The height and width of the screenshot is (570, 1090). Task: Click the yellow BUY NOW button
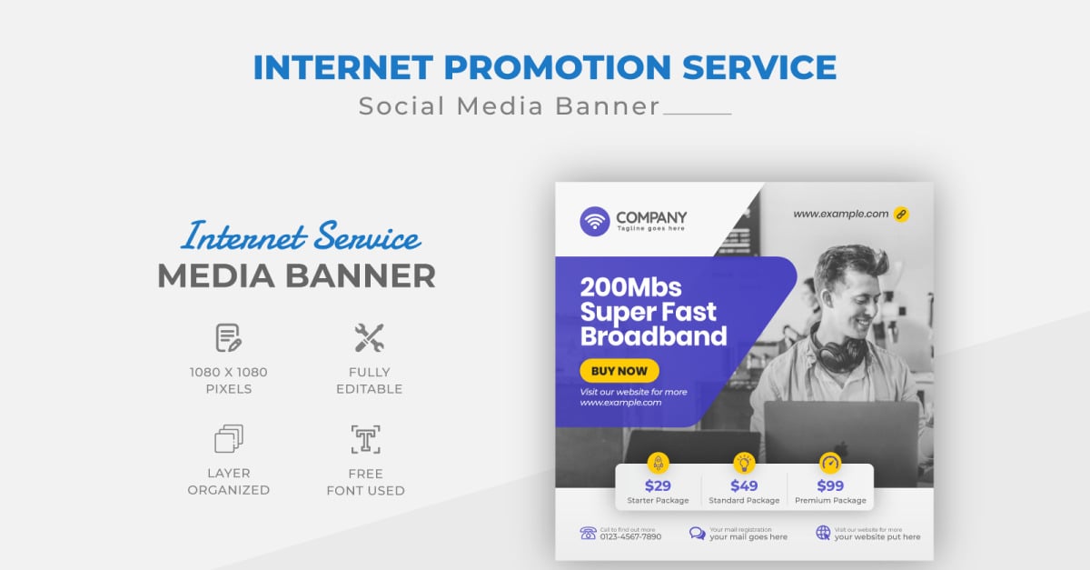coord(619,371)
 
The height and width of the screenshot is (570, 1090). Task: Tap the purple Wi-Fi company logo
coord(595,221)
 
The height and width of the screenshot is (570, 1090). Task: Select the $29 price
coord(658,485)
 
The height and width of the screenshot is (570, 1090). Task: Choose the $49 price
coord(744,485)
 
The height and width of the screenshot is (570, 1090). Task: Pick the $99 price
coord(830,485)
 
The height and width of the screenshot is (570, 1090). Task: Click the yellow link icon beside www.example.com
coord(901,215)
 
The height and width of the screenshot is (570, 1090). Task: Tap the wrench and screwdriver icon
coord(369,338)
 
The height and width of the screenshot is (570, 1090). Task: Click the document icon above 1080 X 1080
coord(228,338)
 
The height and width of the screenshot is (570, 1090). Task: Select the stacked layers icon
coord(228,439)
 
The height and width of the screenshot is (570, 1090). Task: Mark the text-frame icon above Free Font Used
coord(366,439)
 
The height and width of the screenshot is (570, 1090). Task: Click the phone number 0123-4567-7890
coord(630,536)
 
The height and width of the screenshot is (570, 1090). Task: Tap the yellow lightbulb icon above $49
coord(744,462)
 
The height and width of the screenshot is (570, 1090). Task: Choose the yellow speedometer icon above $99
coord(830,462)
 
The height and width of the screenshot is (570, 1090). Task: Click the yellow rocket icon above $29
coord(658,462)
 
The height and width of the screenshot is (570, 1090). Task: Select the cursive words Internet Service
coord(301,237)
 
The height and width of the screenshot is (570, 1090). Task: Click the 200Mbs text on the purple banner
coord(618,287)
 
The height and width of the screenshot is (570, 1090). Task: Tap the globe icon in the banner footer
coord(823,533)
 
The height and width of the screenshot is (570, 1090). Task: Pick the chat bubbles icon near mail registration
coord(697,533)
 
